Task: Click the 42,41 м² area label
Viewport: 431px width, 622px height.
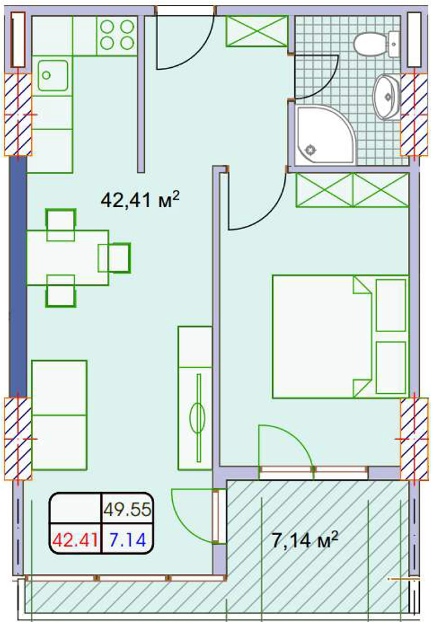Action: (x=141, y=199)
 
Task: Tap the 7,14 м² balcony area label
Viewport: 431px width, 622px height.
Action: (x=305, y=540)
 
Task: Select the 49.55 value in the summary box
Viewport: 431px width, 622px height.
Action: (x=127, y=509)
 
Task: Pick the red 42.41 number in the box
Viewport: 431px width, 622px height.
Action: (x=75, y=539)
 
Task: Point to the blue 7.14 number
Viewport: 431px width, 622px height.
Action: (x=127, y=539)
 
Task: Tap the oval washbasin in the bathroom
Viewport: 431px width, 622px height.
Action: (x=387, y=96)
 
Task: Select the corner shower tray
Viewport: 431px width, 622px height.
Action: (x=325, y=135)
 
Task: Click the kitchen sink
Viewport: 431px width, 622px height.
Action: (x=53, y=75)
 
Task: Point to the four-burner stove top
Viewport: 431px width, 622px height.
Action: (x=117, y=35)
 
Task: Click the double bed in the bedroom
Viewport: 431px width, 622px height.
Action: (x=340, y=337)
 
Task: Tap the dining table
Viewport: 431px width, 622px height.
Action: (x=67, y=258)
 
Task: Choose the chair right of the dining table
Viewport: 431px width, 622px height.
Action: (x=114, y=258)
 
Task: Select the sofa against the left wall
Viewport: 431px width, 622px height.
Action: (x=59, y=415)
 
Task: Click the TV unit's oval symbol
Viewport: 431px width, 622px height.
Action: (x=197, y=418)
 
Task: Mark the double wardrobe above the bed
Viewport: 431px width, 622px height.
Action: (x=352, y=190)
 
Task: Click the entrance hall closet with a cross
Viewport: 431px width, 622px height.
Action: (x=256, y=31)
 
